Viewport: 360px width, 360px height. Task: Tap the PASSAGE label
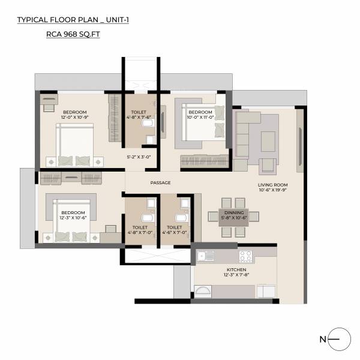160,182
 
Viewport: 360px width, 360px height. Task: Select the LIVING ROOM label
273,185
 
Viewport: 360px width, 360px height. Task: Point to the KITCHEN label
236,270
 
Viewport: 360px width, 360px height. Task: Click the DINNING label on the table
234,212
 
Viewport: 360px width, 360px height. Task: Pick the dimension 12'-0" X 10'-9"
75,118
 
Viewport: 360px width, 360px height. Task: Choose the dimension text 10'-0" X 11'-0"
200,118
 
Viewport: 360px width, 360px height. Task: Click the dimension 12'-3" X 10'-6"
73,218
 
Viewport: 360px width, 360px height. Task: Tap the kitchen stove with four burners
245,256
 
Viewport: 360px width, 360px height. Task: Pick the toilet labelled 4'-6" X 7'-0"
175,230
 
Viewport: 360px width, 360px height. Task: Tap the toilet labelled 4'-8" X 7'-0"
139,230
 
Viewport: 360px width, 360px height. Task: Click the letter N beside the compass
323,340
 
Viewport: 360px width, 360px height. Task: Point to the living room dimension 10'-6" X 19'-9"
273,190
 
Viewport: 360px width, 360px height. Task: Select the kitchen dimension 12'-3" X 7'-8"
236,275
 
